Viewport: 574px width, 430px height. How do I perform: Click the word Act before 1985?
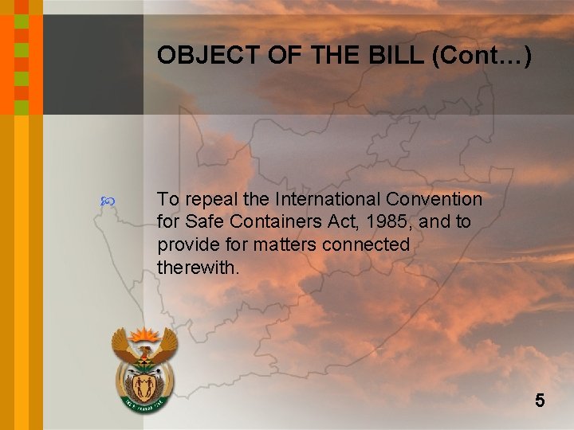pos(336,221)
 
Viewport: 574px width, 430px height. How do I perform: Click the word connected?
pos(365,244)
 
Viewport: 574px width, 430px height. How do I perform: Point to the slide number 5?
pos(540,401)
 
